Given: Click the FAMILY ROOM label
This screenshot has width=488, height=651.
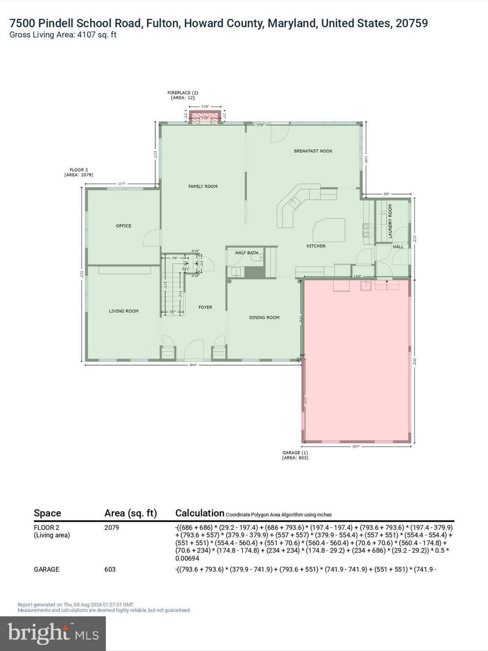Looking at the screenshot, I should (x=203, y=186).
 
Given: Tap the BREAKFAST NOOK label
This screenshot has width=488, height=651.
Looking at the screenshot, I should (x=313, y=151).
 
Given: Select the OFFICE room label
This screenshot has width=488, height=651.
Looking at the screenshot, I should (x=124, y=226).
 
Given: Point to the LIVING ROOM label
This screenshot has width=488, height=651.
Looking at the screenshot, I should (x=124, y=311).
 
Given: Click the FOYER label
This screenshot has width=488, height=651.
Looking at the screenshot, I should (x=205, y=307).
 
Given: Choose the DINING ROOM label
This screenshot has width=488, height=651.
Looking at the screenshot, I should (x=264, y=317).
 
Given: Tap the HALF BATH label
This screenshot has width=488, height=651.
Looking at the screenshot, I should (x=247, y=253).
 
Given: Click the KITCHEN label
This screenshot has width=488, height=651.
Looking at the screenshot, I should (x=316, y=246).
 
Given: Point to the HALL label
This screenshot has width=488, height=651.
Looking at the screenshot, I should (x=398, y=247).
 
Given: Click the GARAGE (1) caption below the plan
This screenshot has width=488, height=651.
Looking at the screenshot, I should (x=295, y=455).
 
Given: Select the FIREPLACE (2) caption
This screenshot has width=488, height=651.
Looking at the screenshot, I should (x=183, y=95).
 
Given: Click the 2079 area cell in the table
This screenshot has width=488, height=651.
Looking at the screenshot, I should (x=112, y=528).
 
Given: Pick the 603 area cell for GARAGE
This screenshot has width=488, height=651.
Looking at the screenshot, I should (x=110, y=569).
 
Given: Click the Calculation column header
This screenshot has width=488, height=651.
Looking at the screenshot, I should (x=200, y=513).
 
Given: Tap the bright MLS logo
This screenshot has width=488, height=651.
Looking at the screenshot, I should (x=53, y=634).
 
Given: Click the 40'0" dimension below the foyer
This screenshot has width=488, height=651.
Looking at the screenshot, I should (x=193, y=365).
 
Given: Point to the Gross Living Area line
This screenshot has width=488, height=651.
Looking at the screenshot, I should (x=63, y=35).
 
